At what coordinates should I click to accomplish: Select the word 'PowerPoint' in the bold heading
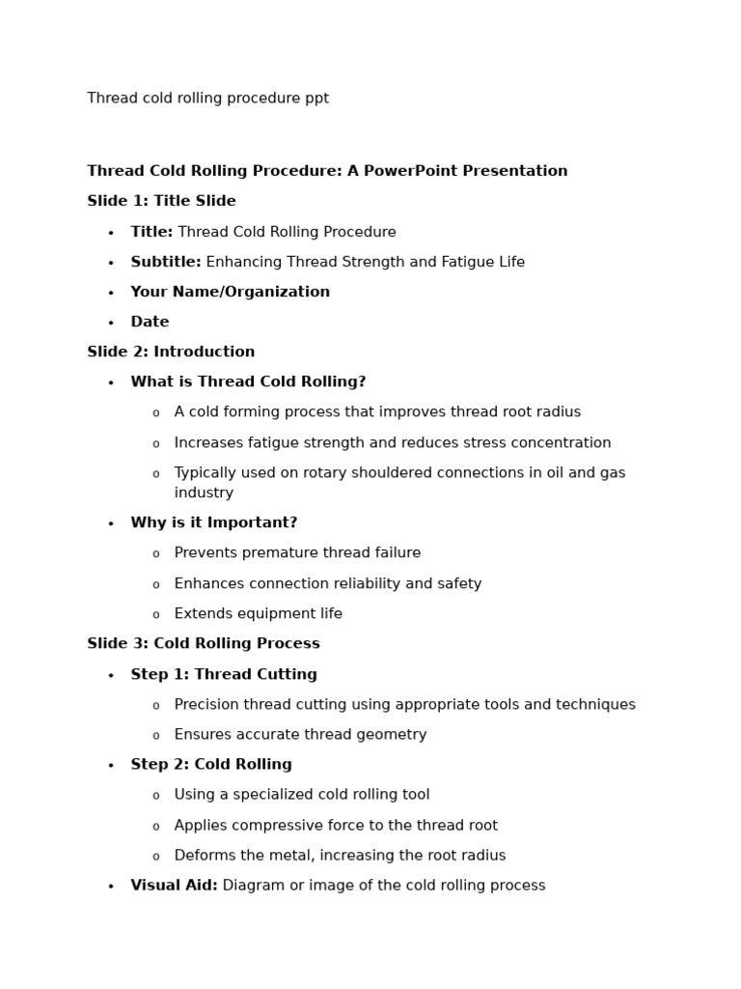[x=409, y=171]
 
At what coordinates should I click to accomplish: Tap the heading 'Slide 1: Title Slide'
[x=161, y=201]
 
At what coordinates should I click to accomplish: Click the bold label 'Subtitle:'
[x=166, y=262]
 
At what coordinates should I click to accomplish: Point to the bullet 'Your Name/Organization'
[x=230, y=292]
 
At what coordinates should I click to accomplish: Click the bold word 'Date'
[x=150, y=322]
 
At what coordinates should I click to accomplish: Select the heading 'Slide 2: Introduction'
[x=171, y=352]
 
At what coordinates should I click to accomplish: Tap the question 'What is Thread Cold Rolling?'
[x=248, y=381]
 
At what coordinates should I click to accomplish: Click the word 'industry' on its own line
[x=204, y=493]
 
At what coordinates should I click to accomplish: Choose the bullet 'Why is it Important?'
[x=213, y=523]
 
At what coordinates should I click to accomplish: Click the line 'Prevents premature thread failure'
[x=297, y=552]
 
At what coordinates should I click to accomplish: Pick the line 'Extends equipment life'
[x=258, y=613]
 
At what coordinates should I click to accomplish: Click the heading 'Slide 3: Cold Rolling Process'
[x=203, y=643]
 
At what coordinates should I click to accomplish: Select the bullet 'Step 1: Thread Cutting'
[x=223, y=674]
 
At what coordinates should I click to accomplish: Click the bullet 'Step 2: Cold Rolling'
[x=210, y=764]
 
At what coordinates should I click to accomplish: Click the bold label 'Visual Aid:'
[x=174, y=885]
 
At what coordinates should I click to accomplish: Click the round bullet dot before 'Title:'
[x=111, y=233]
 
